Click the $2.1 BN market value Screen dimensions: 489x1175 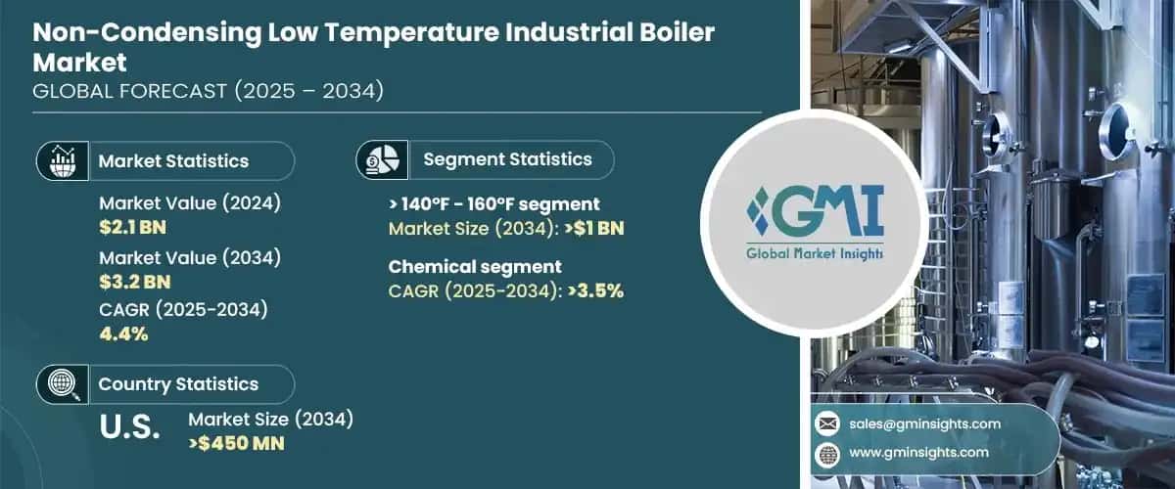click(x=133, y=228)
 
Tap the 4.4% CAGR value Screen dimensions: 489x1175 click(x=123, y=334)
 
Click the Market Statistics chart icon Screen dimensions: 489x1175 click(x=63, y=160)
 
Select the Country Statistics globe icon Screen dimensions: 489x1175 click(x=63, y=384)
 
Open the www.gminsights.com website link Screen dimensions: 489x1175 click(x=918, y=453)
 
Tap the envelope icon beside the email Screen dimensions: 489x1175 click(x=827, y=423)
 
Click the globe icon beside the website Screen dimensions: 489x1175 click(x=827, y=453)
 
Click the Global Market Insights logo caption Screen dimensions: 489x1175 click(x=814, y=253)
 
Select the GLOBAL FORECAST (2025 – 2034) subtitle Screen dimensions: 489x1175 click(x=208, y=91)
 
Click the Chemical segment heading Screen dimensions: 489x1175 click(x=475, y=266)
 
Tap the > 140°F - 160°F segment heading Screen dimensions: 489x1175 click(x=494, y=204)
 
